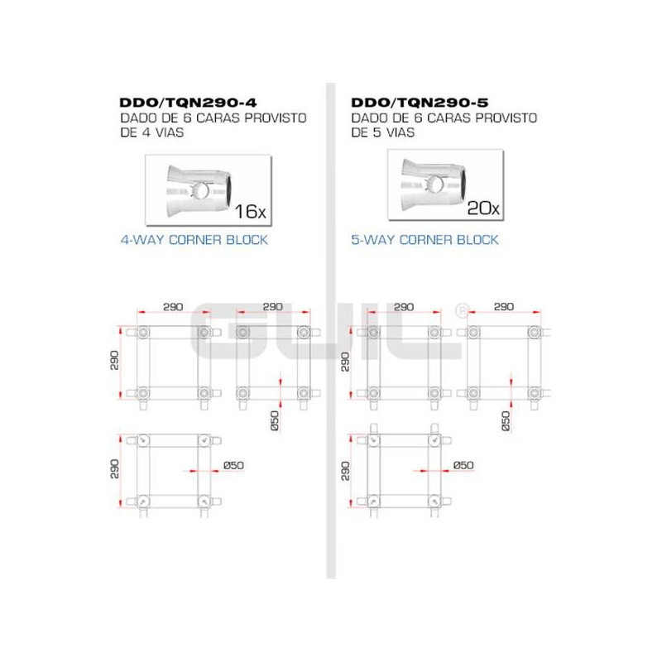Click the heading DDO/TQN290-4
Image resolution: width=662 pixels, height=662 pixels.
(188, 103)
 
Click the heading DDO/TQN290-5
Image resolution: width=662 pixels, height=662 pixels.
(420, 103)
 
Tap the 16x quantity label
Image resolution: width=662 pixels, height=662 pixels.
(251, 212)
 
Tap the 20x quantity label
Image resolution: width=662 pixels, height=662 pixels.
(483, 208)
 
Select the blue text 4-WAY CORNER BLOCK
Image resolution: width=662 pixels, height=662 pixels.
(194, 240)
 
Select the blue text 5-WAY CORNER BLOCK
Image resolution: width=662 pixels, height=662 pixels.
(425, 240)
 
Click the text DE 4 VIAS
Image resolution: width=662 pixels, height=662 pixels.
(152, 132)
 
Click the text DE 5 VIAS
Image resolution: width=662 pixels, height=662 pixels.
(383, 132)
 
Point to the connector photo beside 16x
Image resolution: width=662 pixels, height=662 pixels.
(199, 191)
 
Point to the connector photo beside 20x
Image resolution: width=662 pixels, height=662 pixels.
(434, 184)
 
